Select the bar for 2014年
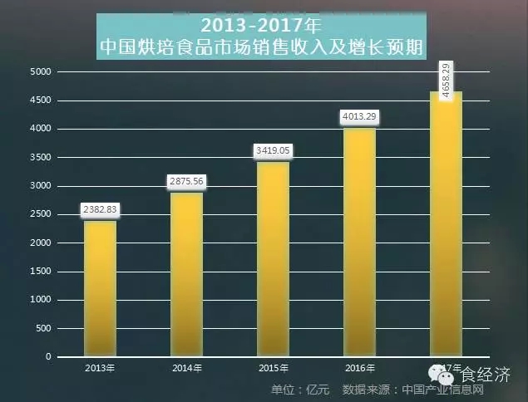pos(186,274)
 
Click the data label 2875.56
pos(186,181)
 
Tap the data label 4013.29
pos(359,117)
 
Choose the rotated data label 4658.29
pos(447,81)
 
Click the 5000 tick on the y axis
pos(42,72)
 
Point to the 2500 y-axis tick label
pos(42,214)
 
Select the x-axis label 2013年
pos(100,367)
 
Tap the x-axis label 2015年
pos(273,367)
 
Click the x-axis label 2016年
pos(359,367)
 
